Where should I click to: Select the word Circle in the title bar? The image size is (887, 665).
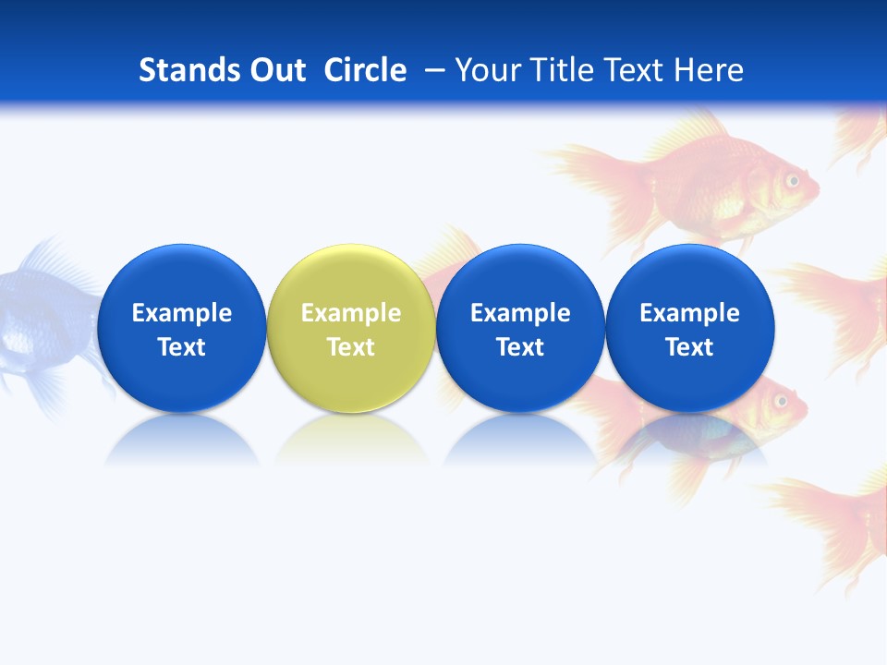365,70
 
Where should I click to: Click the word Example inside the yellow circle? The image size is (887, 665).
350,313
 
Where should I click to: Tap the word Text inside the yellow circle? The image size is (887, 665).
350,347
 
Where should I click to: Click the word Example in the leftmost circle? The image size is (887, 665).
181,313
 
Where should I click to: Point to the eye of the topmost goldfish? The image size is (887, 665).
792,180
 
